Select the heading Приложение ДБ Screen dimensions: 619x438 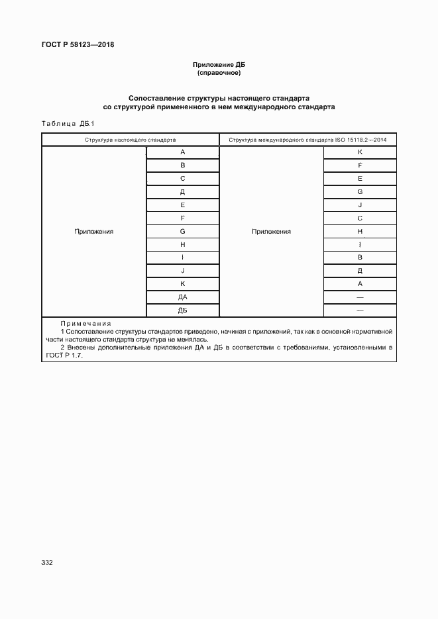[219, 65]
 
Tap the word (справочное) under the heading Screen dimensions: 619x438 [219, 73]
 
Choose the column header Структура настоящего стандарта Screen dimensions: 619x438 [131, 140]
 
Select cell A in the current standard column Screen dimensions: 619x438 [182, 152]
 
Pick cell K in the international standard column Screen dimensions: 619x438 [360, 152]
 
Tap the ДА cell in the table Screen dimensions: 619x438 [182, 297]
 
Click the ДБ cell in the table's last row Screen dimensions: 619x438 [182, 310]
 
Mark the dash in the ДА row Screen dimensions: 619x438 [360, 297]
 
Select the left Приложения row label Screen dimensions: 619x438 [94, 232]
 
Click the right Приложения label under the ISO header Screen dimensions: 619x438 [271, 232]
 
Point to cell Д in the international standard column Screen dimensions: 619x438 [360, 271]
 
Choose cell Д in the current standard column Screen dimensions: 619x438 [182, 192]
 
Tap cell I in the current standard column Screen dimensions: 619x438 [182, 258]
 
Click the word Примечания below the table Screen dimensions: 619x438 [86, 323]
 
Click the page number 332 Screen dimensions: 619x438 [47, 562]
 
